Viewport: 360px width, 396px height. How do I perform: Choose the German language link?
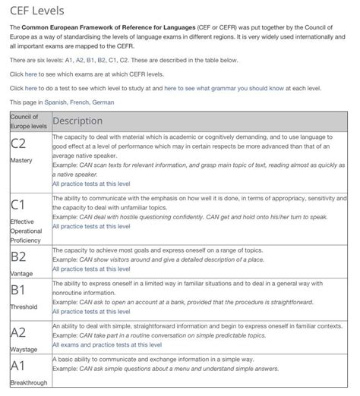[103, 102]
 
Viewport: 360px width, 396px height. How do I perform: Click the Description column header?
[77, 121]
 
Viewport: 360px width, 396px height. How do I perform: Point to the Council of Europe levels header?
[29, 121]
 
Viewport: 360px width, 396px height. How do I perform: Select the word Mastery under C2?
[21, 161]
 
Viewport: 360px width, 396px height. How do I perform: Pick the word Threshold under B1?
[24, 308]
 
